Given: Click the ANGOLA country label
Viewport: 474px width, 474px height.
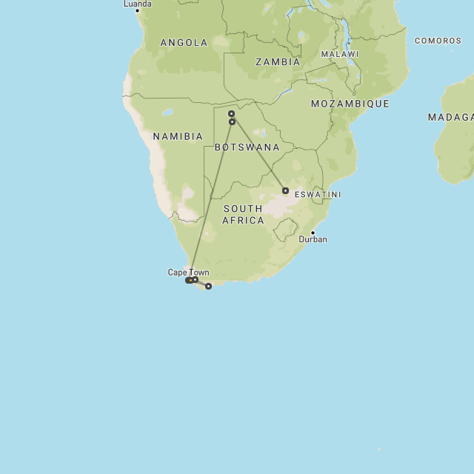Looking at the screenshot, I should [184, 43].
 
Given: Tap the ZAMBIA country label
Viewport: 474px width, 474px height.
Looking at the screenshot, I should [278, 62].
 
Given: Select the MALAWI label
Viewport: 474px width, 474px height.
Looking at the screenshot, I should [339, 55].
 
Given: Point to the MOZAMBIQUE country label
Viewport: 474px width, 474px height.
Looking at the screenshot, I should [350, 104].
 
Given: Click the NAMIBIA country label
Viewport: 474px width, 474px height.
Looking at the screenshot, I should [178, 137].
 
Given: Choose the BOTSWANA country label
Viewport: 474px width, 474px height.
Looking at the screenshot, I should [247, 148].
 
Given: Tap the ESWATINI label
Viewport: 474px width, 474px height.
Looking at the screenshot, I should [318, 195].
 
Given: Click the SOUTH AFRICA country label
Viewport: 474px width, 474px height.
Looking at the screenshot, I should [243, 215].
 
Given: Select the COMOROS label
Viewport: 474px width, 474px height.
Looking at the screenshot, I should [438, 41].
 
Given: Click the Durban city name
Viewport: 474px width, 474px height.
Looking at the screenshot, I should [313, 240].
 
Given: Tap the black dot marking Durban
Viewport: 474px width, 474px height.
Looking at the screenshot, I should [313, 233].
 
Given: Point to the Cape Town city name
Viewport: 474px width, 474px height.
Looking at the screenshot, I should [188, 273].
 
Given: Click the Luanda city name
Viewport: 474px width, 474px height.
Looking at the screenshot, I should [138, 4].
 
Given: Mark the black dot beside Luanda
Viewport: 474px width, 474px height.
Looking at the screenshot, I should [137, 10].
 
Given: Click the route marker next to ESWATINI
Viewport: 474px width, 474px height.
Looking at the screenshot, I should [285, 191].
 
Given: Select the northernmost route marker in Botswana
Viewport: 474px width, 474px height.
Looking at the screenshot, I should [231, 114].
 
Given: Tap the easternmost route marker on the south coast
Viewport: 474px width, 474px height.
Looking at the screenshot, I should [208, 286].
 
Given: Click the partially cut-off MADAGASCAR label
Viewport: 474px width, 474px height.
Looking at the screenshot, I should [450, 118].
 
